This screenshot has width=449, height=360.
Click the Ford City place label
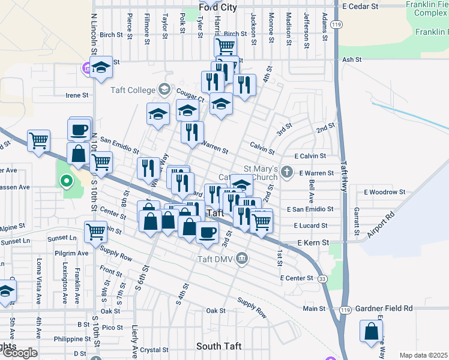(x=218, y=8)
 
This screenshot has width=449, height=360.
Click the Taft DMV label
(x=215, y=259)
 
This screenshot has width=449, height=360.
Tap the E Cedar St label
(x=360, y=5)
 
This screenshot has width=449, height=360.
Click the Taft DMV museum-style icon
(x=242, y=259)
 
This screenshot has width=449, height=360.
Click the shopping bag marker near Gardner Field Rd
(x=372, y=330)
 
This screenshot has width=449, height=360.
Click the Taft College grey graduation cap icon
(x=163, y=90)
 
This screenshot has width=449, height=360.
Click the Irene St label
(x=77, y=95)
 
